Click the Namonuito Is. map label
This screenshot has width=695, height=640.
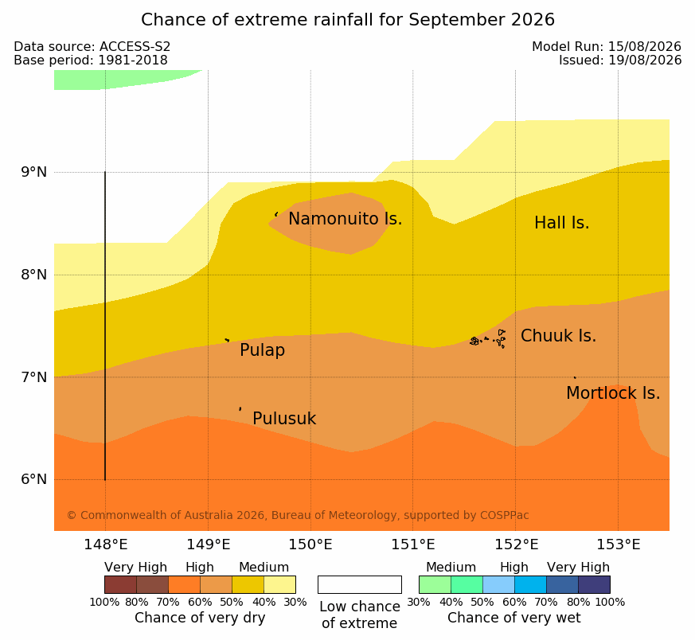[x=346, y=219]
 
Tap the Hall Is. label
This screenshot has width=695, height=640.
[x=561, y=223]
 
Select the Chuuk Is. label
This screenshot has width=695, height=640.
[x=558, y=336]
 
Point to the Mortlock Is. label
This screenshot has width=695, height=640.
[x=613, y=393]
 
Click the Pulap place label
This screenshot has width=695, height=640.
[x=263, y=350]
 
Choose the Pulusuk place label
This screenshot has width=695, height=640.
[x=284, y=419]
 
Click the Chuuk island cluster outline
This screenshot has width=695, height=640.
[x=488, y=339]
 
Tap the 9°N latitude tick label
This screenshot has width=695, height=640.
[x=34, y=172]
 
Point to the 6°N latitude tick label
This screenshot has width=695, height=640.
[x=34, y=479]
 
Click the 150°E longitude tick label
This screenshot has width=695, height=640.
[x=310, y=544]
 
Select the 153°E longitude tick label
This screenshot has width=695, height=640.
[x=618, y=544]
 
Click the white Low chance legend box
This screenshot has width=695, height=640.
[x=360, y=584]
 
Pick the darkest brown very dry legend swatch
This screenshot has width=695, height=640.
[x=120, y=584]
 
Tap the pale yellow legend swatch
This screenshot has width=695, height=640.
[x=279, y=584]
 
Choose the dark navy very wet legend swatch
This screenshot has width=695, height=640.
[x=594, y=584]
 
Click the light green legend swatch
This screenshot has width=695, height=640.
[x=435, y=584]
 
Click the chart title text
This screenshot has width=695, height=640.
[x=347, y=20]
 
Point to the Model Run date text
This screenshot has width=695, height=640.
[x=607, y=46]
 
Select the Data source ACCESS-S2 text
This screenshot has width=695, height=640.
[x=92, y=46]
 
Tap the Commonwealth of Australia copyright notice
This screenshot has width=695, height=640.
[x=298, y=515]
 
